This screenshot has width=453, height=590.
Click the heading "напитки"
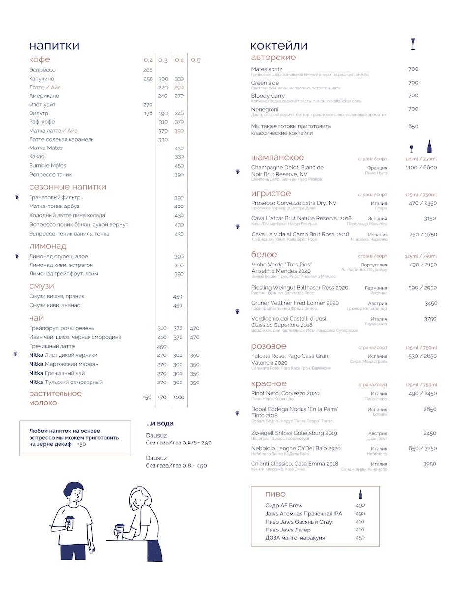click(x=54, y=46)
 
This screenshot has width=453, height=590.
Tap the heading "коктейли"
click(x=278, y=46)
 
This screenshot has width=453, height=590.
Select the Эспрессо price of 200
click(x=148, y=70)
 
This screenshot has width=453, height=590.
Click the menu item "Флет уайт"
click(x=42, y=105)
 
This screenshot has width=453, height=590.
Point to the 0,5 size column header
click(x=196, y=60)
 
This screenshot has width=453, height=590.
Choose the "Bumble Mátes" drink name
click(x=48, y=166)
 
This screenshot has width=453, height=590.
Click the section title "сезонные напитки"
click(x=67, y=187)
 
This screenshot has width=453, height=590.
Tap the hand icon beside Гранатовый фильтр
click(x=17, y=197)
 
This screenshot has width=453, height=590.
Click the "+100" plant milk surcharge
click(x=179, y=397)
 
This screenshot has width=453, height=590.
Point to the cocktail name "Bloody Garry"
click(x=268, y=96)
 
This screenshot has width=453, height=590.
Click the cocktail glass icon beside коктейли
click(x=413, y=45)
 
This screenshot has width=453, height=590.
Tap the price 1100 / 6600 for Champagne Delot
click(x=421, y=167)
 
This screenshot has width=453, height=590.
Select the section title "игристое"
click(x=271, y=194)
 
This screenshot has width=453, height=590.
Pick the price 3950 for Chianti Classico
click(x=430, y=464)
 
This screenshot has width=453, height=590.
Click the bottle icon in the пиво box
click(x=360, y=494)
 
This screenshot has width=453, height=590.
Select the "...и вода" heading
click(x=160, y=423)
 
